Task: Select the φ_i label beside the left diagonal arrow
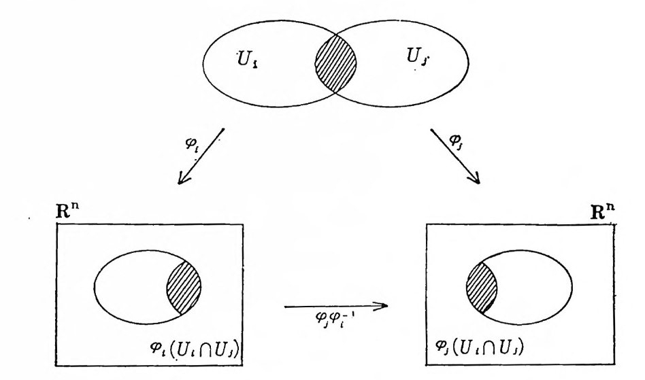pos(193,146)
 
